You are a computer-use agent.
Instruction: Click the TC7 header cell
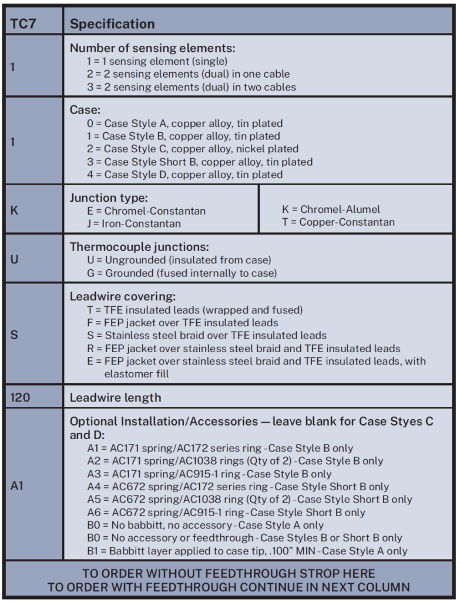coord(23,24)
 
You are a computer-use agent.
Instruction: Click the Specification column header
coord(112,24)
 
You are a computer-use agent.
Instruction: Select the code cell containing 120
coord(21,397)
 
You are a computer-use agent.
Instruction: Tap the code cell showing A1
coord(17,486)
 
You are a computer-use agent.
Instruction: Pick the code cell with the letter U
coord(14,259)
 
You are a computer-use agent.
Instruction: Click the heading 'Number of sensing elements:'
coord(152,48)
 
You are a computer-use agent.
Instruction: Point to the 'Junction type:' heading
coord(109,198)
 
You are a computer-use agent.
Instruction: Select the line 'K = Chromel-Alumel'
coord(331,209)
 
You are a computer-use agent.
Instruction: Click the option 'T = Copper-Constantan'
coord(338,222)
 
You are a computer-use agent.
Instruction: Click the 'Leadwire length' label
coord(115,397)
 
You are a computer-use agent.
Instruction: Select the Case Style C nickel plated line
coord(192,149)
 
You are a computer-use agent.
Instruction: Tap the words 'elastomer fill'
coord(136,374)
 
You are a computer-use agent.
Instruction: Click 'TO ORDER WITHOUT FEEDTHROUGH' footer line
coord(229,573)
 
